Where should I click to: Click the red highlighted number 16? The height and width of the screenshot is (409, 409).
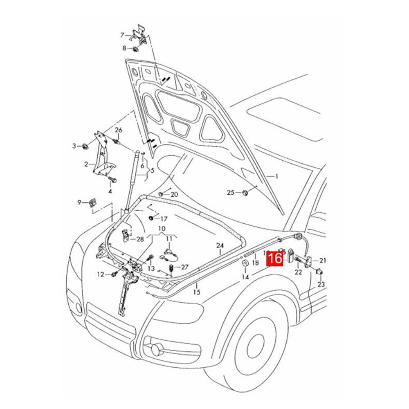click(275, 259)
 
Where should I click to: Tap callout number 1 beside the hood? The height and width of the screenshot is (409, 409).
click(276, 176)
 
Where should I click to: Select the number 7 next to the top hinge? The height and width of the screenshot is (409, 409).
click(122, 35)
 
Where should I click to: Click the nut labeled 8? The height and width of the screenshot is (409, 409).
click(135, 49)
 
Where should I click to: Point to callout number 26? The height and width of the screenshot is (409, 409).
click(119, 130)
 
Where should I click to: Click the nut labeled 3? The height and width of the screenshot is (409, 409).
click(85, 146)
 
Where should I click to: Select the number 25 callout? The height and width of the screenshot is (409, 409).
click(231, 193)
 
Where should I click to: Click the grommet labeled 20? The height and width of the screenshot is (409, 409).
click(161, 194)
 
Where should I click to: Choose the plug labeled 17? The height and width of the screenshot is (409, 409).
click(151, 218)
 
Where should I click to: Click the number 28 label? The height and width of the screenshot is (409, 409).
click(140, 239)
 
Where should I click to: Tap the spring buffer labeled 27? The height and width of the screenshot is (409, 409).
click(171, 268)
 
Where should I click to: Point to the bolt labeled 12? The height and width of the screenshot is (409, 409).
click(114, 274)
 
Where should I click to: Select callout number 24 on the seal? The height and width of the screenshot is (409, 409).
click(220, 245)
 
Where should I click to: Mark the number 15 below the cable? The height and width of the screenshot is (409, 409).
click(197, 292)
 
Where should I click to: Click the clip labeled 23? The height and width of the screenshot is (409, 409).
click(319, 272)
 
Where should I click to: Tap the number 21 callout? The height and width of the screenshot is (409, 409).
click(323, 260)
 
